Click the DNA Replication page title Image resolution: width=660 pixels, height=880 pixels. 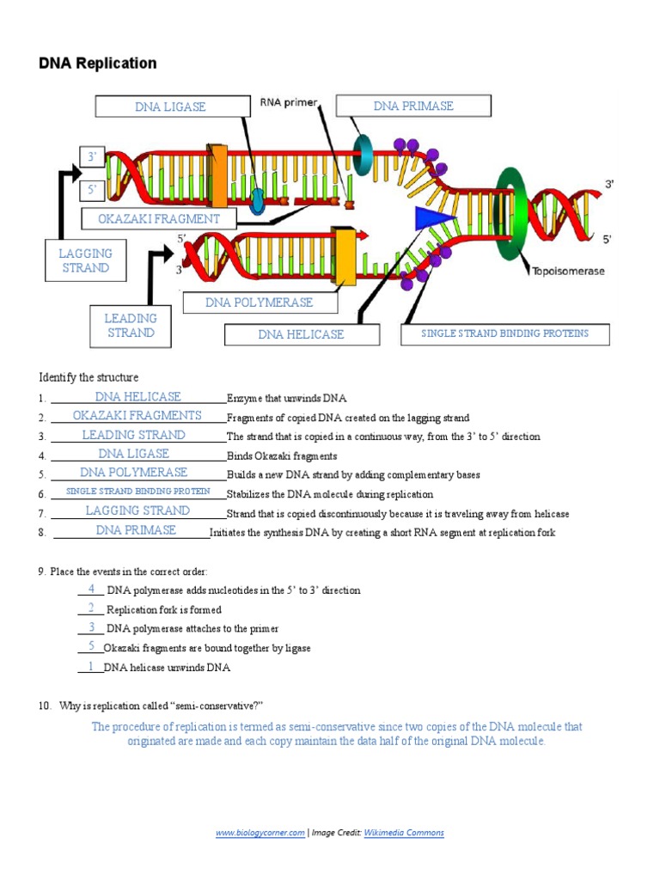(97, 64)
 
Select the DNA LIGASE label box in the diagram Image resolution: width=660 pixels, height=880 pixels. (170, 107)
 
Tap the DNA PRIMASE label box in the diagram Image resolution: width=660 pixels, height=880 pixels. (413, 106)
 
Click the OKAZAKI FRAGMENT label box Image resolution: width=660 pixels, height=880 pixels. (158, 219)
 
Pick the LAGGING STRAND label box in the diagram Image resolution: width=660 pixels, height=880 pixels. (85, 260)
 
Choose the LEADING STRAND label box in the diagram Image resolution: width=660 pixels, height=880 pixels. (131, 326)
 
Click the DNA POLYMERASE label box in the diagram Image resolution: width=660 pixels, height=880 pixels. (259, 302)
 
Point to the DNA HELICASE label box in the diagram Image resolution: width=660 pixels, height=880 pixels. (301, 334)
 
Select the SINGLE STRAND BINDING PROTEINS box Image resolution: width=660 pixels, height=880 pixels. (504, 333)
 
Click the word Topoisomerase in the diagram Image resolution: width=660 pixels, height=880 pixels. (568, 271)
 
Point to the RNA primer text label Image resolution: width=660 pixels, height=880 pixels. (289, 103)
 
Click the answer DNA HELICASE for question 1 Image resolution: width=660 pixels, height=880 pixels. (137, 397)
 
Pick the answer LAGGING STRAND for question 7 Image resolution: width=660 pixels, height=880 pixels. (137, 510)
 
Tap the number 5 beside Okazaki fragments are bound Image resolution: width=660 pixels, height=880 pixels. (91, 646)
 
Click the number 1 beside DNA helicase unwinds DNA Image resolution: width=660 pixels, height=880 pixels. (91, 666)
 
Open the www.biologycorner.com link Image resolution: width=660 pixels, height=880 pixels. (260, 833)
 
